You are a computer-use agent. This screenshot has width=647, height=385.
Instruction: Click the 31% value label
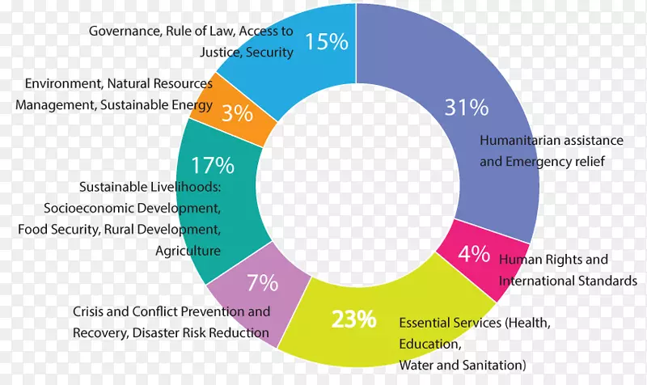point(467,107)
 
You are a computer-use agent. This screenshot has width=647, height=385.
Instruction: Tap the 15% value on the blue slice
point(327,41)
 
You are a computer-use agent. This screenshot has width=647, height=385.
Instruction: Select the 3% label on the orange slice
point(237,113)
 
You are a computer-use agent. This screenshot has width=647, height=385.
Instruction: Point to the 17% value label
point(213,167)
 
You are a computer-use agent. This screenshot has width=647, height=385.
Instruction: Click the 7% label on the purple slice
point(262,283)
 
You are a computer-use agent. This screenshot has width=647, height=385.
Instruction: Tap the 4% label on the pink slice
point(474,254)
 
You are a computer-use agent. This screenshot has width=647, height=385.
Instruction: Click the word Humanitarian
point(515,140)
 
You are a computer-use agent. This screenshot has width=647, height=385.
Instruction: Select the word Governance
point(124,32)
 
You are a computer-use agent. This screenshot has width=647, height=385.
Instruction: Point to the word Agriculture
point(188,251)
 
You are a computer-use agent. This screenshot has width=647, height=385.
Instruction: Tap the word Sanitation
point(493,364)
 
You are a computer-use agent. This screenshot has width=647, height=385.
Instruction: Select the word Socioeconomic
point(84,209)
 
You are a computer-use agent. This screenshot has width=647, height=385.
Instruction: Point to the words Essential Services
point(450,322)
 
